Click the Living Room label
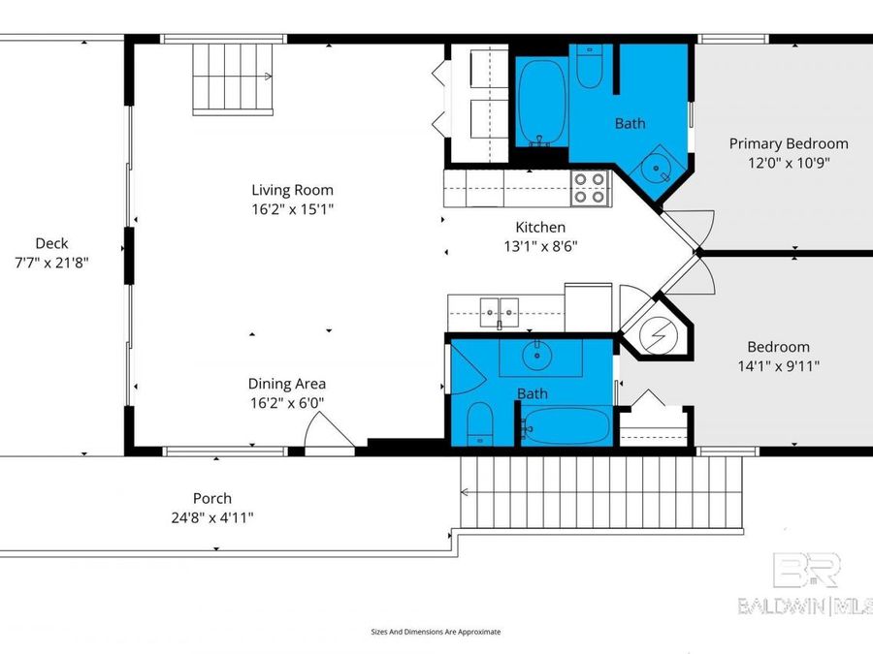[292, 190]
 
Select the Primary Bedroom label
[789, 143]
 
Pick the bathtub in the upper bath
[541, 102]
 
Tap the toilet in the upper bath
[590, 65]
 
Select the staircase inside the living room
[234, 80]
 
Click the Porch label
[211, 499]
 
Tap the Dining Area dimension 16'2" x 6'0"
[286, 401]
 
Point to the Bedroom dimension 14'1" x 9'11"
[778, 365]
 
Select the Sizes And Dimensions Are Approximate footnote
[436, 631]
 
